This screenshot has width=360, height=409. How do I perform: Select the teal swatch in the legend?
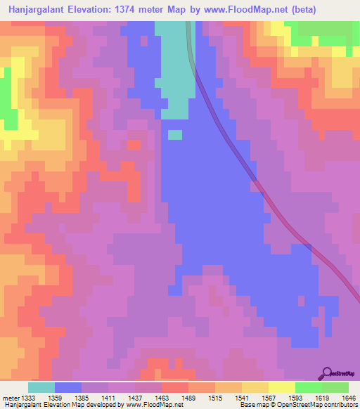click(x=41, y=387)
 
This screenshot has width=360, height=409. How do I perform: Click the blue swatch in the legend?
click(x=68, y=387)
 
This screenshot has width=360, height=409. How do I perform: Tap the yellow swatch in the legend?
click(x=282, y=387)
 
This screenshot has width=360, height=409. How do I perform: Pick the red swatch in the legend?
click(x=174, y=387)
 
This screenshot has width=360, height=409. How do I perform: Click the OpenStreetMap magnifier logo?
click(x=328, y=374)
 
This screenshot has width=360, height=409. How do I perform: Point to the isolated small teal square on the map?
click(x=175, y=134)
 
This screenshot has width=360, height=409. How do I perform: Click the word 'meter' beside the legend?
click(x=11, y=398)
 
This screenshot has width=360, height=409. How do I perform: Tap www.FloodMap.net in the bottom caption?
click(x=152, y=405)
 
